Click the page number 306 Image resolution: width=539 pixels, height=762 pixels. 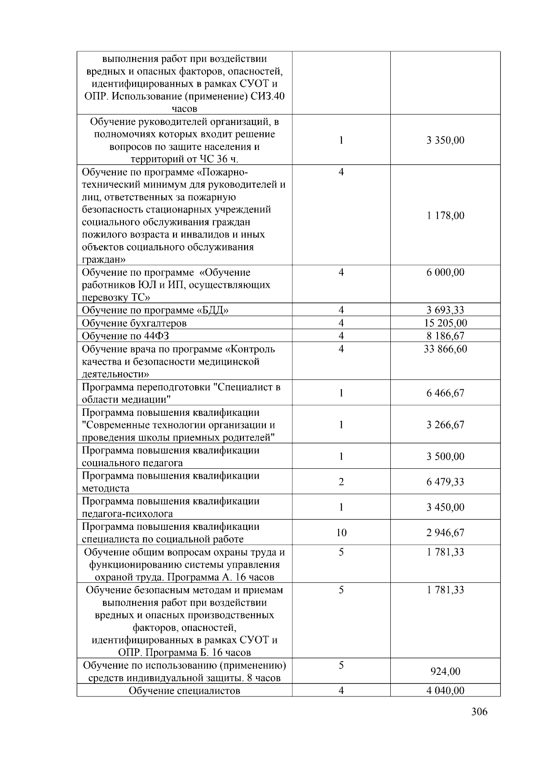point(479,712)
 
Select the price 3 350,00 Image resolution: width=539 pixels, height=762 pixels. point(445,140)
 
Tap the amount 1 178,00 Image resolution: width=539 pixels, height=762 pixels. point(445,216)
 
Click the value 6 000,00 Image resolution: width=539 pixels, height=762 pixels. point(445,273)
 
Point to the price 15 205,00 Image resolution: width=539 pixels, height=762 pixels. point(445,323)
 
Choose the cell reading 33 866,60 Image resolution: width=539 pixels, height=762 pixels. point(445,349)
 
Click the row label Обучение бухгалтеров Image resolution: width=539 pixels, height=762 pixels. point(134,323)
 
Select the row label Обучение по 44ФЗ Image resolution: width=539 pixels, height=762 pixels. point(125,336)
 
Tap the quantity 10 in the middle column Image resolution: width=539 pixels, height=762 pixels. point(341,533)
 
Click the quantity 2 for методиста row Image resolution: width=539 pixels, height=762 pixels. point(341,482)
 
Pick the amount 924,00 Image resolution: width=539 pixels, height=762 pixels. point(445,671)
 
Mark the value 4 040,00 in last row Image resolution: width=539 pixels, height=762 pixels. point(445,691)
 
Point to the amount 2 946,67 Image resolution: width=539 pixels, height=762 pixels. point(445,533)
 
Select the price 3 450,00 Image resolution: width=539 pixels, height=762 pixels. point(445,507)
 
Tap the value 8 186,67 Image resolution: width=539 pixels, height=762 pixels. point(445,336)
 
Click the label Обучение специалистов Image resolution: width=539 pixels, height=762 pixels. point(184,691)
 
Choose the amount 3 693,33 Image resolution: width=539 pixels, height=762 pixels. point(445,310)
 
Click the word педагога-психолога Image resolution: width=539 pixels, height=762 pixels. point(127,514)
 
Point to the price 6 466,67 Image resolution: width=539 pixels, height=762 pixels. point(445,393)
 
